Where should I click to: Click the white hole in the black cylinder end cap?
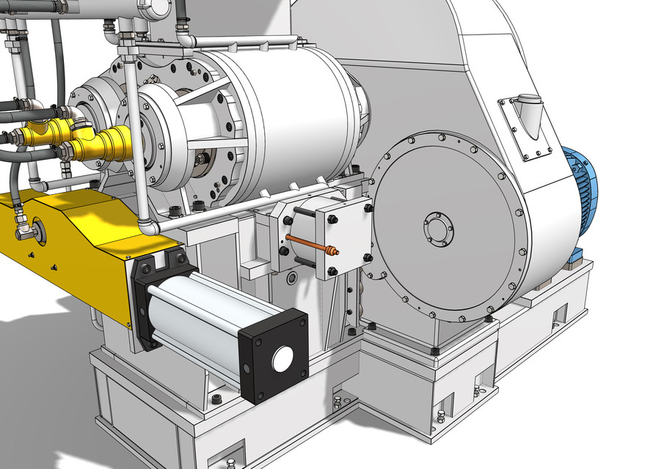coord(282,358)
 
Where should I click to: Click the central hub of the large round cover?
coord(438,229)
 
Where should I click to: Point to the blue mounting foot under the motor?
coord(577,256)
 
